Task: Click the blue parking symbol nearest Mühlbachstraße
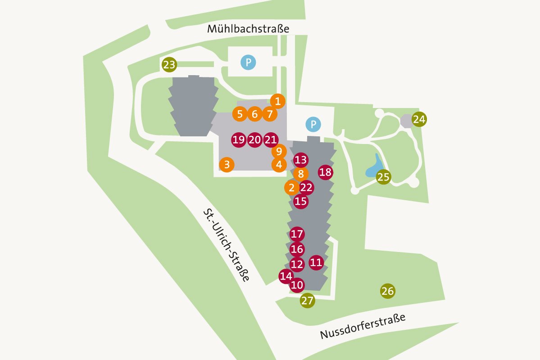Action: (248, 62)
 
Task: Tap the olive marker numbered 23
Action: (169, 65)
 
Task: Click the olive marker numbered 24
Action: (419, 119)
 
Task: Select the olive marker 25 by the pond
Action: (383, 177)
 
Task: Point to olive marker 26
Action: (387, 291)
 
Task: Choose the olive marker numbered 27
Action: (307, 301)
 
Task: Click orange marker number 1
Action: (278, 101)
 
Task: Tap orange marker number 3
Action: (227, 165)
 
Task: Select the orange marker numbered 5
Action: (240, 114)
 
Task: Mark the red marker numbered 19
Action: (239, 140)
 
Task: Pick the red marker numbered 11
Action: (316, 262)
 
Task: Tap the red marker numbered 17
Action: (297, 234)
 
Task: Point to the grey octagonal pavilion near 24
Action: (406, 121)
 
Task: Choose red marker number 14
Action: (286, 276)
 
